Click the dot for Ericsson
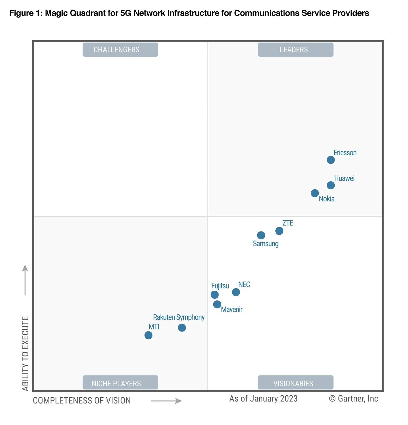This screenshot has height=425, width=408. click(331, 160)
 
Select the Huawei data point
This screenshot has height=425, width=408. click(331, 185)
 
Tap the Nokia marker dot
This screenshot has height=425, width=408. click(315, 193)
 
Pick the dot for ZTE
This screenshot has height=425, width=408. click(279, 231)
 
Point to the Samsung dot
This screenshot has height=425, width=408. click(261, 235)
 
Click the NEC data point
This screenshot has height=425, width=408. click(236, 292)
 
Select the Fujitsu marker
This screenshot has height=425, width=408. click(215, 295)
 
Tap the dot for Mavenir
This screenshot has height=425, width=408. click(217, 304)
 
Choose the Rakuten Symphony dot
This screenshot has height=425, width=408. click(182, 328)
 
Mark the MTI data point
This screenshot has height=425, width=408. click(148, 335)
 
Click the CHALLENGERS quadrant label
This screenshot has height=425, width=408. click(120, 50)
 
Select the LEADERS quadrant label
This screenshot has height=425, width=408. click(296, 50)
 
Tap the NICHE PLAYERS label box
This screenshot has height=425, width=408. click(120, 383)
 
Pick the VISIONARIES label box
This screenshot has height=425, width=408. click(296, 383)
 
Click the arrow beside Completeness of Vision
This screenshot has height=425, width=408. click(166, 401)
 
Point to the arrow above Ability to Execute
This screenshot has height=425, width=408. click(25, 280)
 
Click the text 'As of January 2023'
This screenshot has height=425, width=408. click(263, 399)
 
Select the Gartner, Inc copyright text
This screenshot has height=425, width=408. click(353, 399)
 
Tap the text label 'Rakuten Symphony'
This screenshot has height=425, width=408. click(179, 317)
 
